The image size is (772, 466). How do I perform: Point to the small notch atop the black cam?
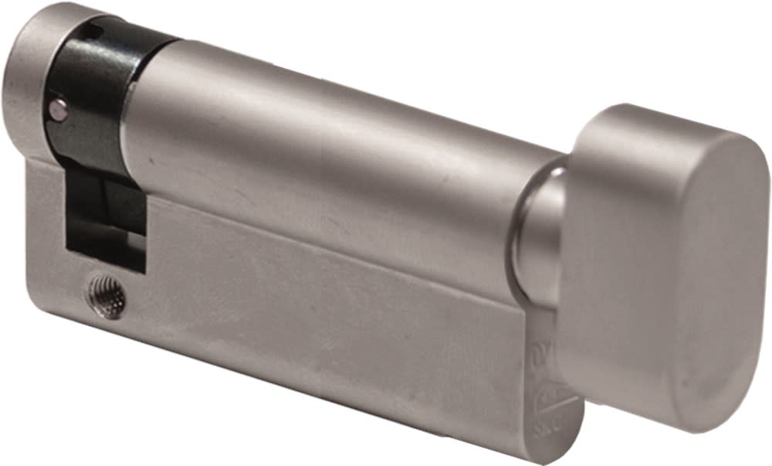coord(91,32)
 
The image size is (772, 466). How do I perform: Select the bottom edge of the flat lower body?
coord(309,386)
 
